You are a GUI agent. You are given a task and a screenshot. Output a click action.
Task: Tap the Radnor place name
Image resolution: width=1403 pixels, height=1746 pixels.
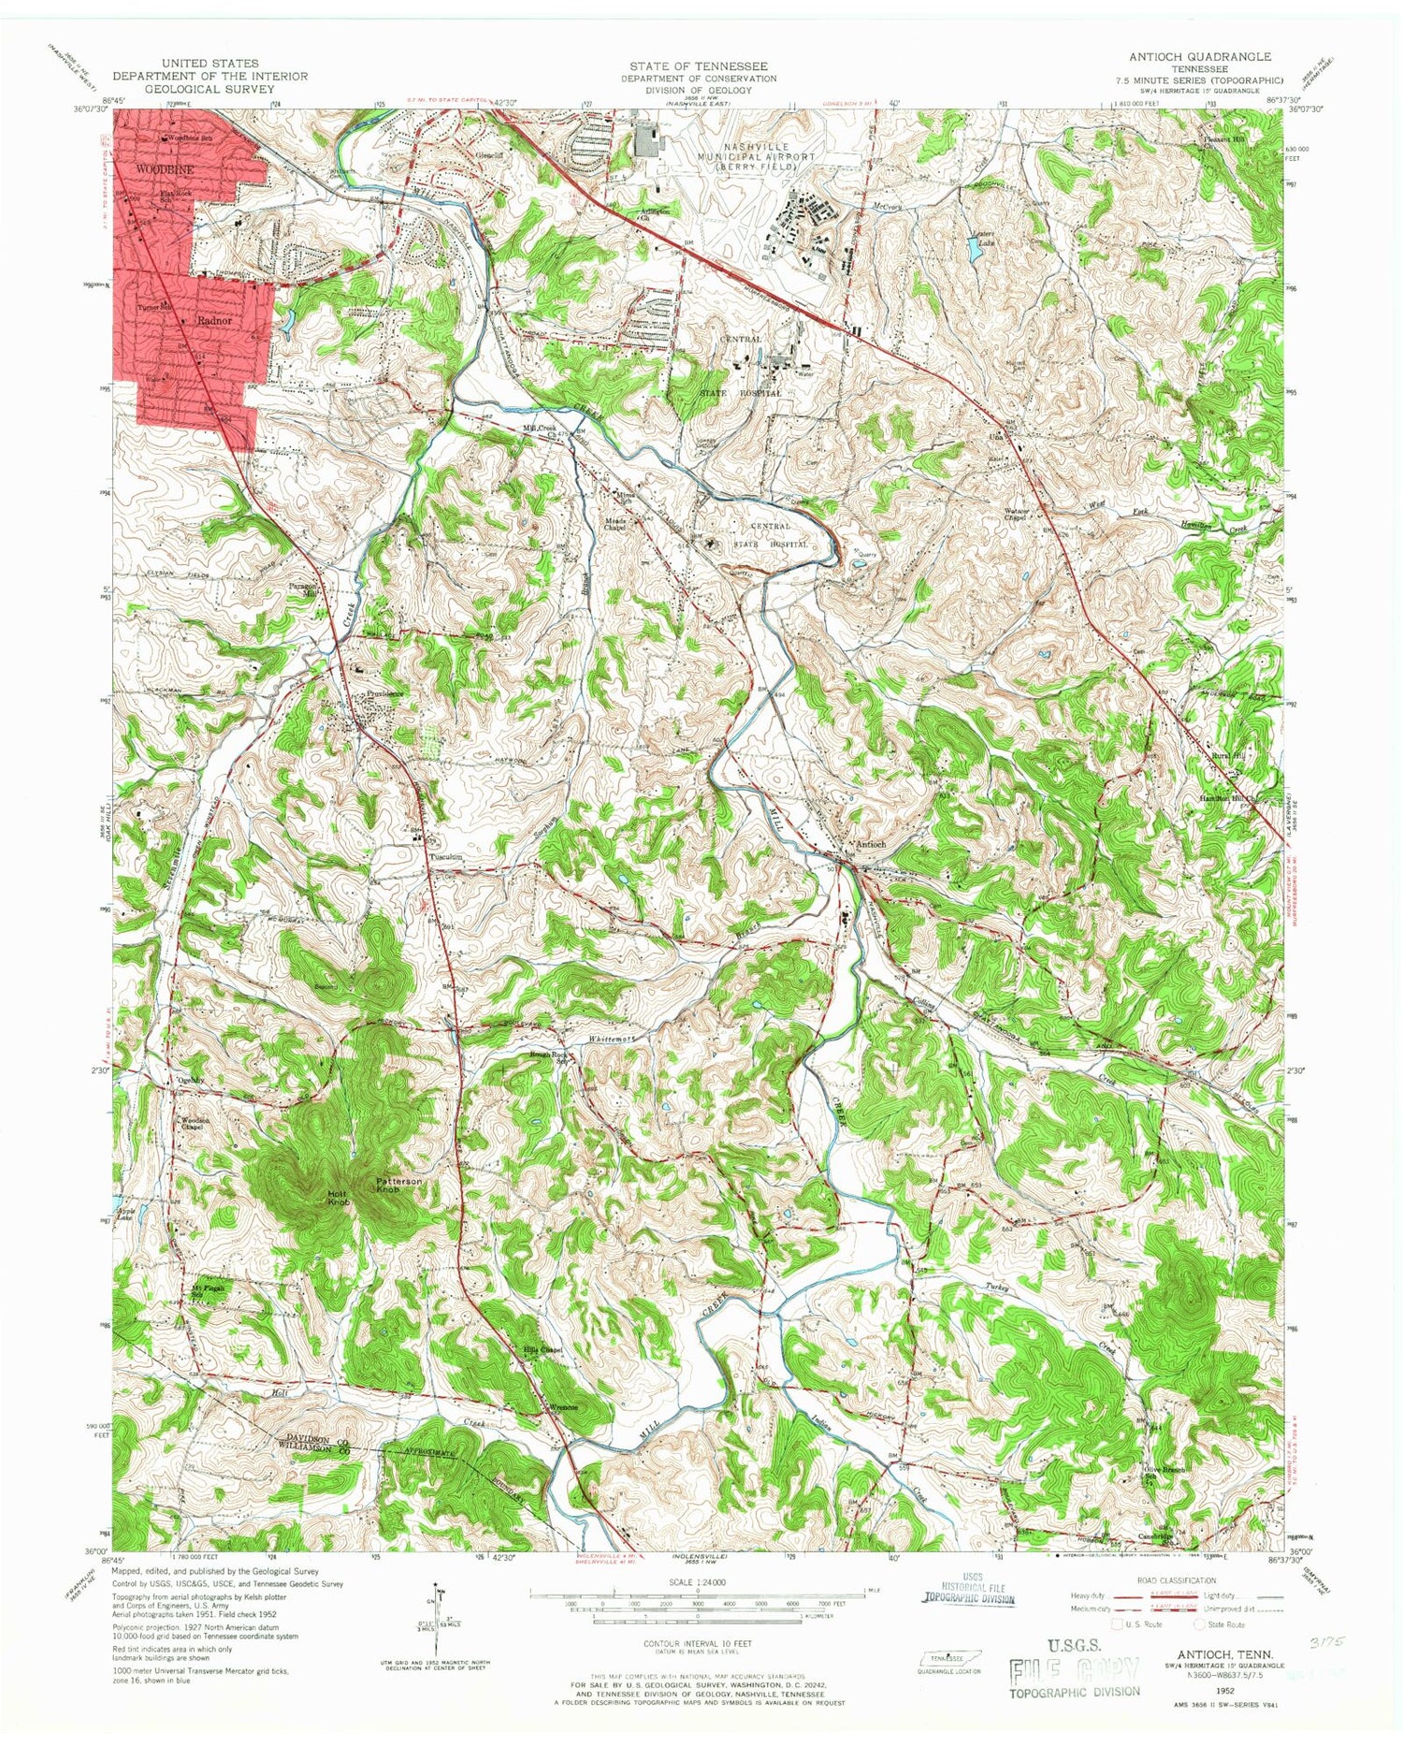point(213,319)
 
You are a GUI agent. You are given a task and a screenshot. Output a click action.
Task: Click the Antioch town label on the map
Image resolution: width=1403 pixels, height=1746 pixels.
point(870,844)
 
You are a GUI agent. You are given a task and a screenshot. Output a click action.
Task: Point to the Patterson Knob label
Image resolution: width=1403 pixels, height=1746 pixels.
point(399,1185)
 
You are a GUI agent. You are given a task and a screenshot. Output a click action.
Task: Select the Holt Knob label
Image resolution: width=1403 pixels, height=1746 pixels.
point(338,1198)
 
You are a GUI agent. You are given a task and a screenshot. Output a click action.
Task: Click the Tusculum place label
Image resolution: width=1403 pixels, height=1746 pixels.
point(446,856)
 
